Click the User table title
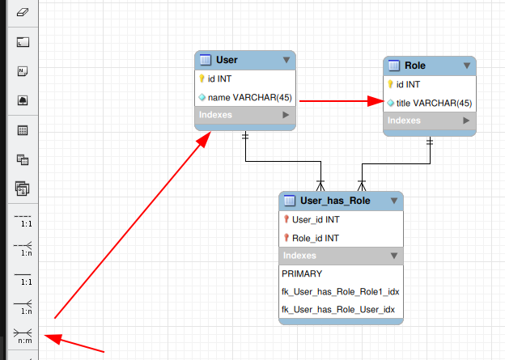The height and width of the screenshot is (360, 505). (x=227, y=60)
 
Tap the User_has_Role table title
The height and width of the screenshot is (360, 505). (x=334, y=201)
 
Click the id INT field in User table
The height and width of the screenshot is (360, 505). (x=219, y=78)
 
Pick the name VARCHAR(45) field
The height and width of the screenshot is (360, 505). (x=249, y=97)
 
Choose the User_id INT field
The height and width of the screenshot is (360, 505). (x=316, y=219)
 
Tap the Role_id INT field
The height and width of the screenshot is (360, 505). (x=316, y=238)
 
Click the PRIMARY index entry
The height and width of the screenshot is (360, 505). (x=302, y=273)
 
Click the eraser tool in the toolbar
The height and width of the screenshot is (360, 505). (x=23, y=12)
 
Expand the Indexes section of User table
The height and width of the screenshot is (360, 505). (x=285, y=116)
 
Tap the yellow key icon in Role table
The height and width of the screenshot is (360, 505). (x=391, y=84)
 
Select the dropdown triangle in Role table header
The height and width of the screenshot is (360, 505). (x=467, y=66)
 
